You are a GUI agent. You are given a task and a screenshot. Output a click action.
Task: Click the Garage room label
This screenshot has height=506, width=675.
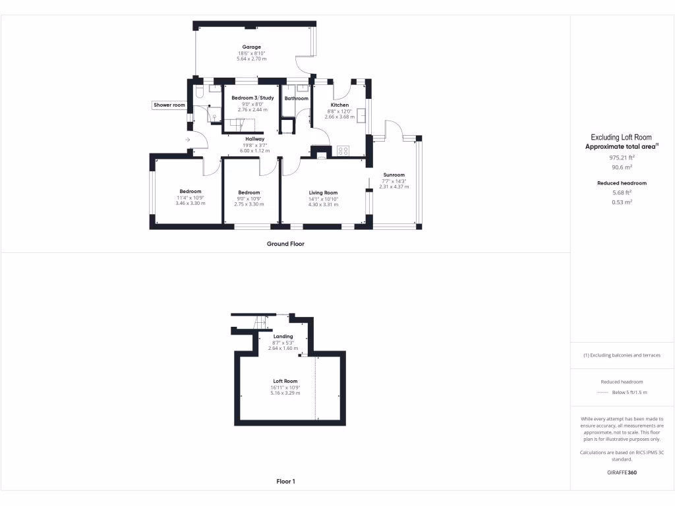tap(251, 47)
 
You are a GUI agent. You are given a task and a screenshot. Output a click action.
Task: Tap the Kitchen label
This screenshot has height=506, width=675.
tap(339, 105)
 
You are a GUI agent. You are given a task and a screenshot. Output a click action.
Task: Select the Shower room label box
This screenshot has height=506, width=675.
tap(169, 105)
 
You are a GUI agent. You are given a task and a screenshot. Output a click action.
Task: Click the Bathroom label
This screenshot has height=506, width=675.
tap(296, 99)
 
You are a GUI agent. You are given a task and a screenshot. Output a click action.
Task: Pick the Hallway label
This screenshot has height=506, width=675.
tap(254, 139)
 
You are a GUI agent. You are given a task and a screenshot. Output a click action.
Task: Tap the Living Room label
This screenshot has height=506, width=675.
tap(323, 192)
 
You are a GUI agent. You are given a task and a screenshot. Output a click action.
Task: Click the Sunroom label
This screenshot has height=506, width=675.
tap(394, 175)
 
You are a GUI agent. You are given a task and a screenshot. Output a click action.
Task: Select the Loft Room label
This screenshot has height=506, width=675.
tap(285, 381)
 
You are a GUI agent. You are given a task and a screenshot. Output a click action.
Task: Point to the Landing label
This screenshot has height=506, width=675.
tap(283, 337)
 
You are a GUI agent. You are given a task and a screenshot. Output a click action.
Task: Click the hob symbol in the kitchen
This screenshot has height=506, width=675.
tap(343, 151)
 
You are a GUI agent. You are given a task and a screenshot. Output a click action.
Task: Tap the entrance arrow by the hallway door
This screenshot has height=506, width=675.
tap(188, 140)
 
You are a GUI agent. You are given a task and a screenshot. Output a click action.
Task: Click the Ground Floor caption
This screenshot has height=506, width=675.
tap(285, 244)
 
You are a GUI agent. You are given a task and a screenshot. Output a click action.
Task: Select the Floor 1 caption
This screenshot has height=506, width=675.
tap(285, 482)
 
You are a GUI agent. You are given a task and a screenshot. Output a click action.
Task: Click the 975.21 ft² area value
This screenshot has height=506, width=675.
tap(621, 158)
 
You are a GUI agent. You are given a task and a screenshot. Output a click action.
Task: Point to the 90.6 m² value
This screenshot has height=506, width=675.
tap(621, 167)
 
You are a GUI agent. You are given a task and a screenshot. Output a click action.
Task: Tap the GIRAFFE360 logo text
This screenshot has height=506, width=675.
tap(622, 472)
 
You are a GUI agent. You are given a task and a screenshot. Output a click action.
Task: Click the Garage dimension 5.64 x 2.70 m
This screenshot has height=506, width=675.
tap(251, 59)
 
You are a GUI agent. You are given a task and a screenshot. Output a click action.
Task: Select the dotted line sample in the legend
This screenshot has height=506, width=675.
tap(602, 393)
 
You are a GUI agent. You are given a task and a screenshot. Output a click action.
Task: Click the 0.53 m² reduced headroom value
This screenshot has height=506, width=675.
tap(622, 202)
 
